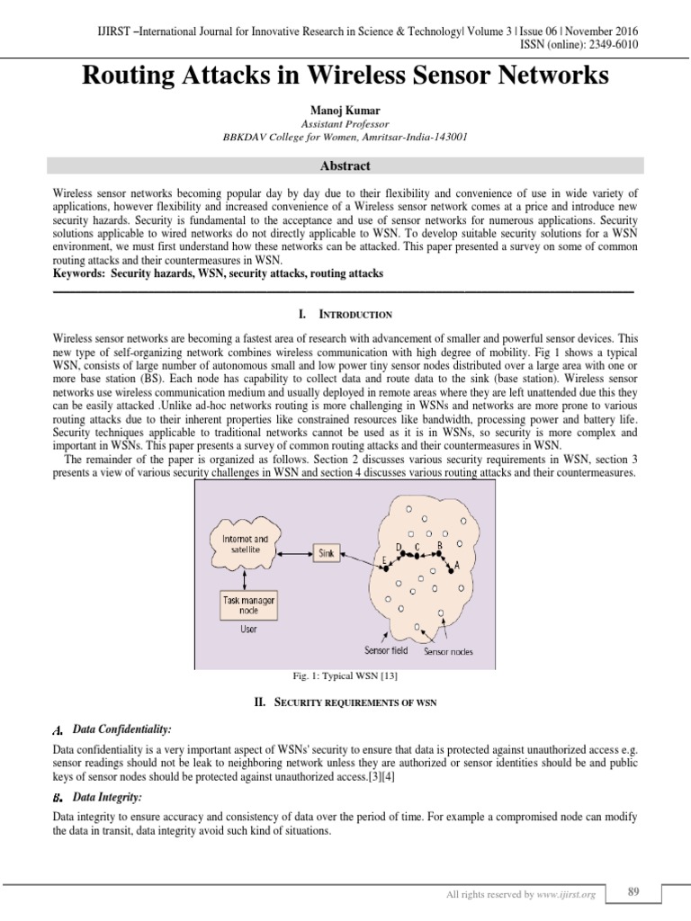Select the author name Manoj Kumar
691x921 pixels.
pyautogui.click(x=345, y=111)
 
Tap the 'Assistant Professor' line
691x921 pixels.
pyautogui.click(x=345, y=123)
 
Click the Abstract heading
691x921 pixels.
pyautogui.click(x=345, y=165)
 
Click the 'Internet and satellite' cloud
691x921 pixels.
pyautogui.click(x=244, y=544)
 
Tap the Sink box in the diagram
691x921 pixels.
pyautogui.click(x=326, y=554)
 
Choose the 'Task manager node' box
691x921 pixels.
pyautogui.click(x=247, y=604)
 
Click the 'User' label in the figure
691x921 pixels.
pyautogui.click(x=248, y=630)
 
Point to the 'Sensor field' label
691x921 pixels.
pyautogui.click(x=386, y=650)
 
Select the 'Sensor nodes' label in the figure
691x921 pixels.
pyautogui.click(x=448, y=651)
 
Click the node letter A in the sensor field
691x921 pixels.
pyautogui.click(x=458, y=566)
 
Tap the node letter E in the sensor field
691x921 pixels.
pyautogui.click(x=383, y=559)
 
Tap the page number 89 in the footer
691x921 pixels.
pyautogui.click(x=633, y=891)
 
